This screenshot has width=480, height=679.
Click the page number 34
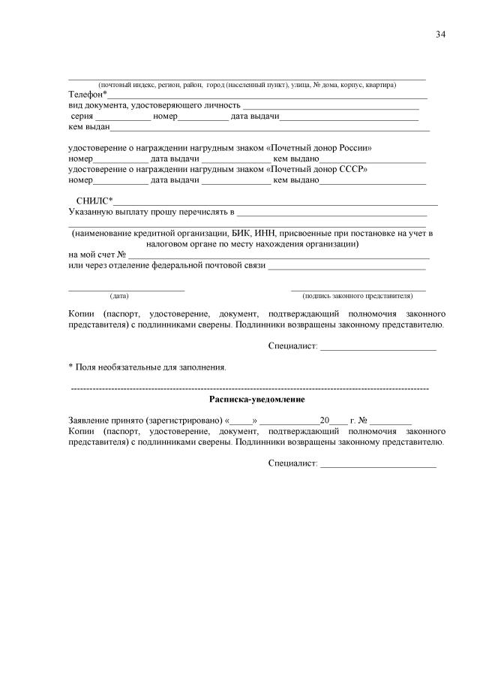click(440, 35)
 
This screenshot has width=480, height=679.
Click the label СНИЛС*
click(94, 201)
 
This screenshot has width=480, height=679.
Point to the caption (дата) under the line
click(119, 296)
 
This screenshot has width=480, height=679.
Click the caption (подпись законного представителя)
click(358, 296)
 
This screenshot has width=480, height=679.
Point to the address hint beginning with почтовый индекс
click(247, 85)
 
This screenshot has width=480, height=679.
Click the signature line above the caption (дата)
click(126, 288)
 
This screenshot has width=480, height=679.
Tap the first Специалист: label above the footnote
click(292, 346)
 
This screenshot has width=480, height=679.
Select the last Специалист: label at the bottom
click(292, 463)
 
